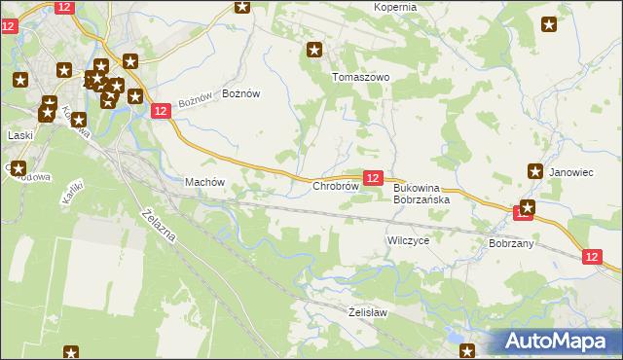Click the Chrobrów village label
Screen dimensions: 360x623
click(x=335, y=185)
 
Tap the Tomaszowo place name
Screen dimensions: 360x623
click(x=360, y=77)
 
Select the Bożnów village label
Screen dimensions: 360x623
click(x=241, y=93)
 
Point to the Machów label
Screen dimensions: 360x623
click(x=204, y=182)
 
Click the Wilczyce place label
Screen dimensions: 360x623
click(x=408, y=239)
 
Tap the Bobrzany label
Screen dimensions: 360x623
click(x=511, y=243)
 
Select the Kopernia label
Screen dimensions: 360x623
click(x=395, y=7)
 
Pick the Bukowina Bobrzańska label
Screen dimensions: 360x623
click(x=421, y=193)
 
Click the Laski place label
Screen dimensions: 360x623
click(x=19, y=135)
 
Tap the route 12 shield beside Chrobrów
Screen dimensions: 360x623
click(x=372, y=177)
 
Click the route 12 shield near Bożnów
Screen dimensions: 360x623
click(x=162, y=112)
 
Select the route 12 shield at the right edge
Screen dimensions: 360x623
click(x=593, y=256)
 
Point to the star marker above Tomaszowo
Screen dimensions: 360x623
click(x=314, y=51)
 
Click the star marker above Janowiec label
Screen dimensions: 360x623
click(x=534, y=171)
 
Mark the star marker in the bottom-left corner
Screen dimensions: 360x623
click(x=70, y=352)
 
